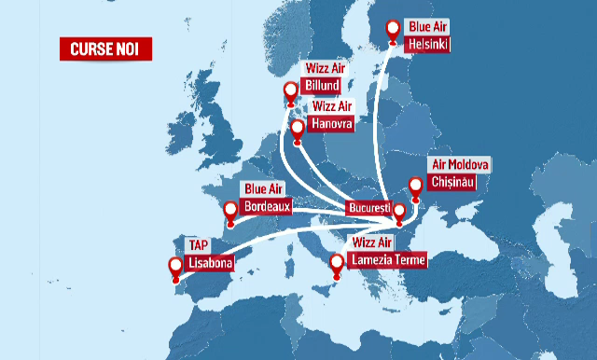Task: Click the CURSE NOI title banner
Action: click(104, 48)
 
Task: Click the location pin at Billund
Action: click(291, 91)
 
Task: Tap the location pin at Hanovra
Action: click(298, 130)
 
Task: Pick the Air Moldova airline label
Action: click(459, 164)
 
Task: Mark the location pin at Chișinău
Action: click(415, 186)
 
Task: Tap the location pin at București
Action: click(399, 214)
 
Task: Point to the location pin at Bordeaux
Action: click(230, 210)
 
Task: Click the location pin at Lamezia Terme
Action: click(337, 267)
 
